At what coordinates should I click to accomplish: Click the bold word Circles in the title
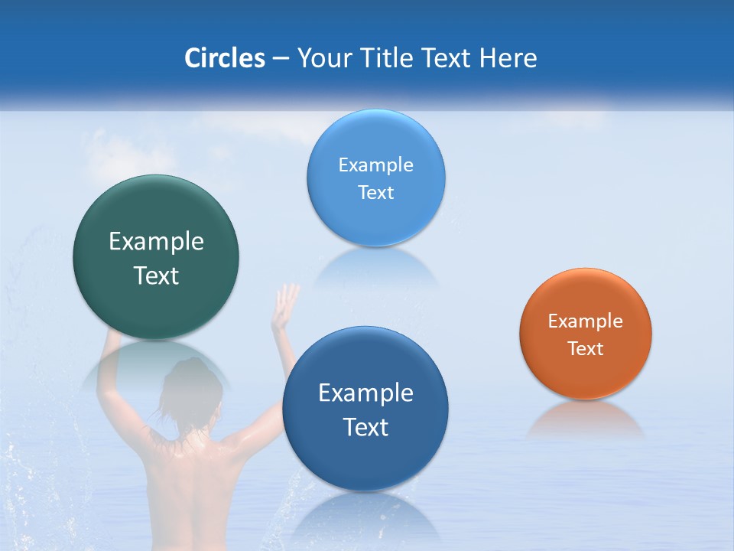224,58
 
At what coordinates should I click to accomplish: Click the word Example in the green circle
156,242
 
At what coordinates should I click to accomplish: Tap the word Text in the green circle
156,275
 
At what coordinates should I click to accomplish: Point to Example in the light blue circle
375,165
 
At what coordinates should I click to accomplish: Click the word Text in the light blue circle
375,192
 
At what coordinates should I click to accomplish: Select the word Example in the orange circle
585,321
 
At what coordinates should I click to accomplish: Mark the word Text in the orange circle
585,348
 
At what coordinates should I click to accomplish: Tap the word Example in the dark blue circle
365,393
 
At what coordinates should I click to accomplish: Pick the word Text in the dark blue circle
365,427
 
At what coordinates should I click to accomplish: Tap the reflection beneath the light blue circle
375,264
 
